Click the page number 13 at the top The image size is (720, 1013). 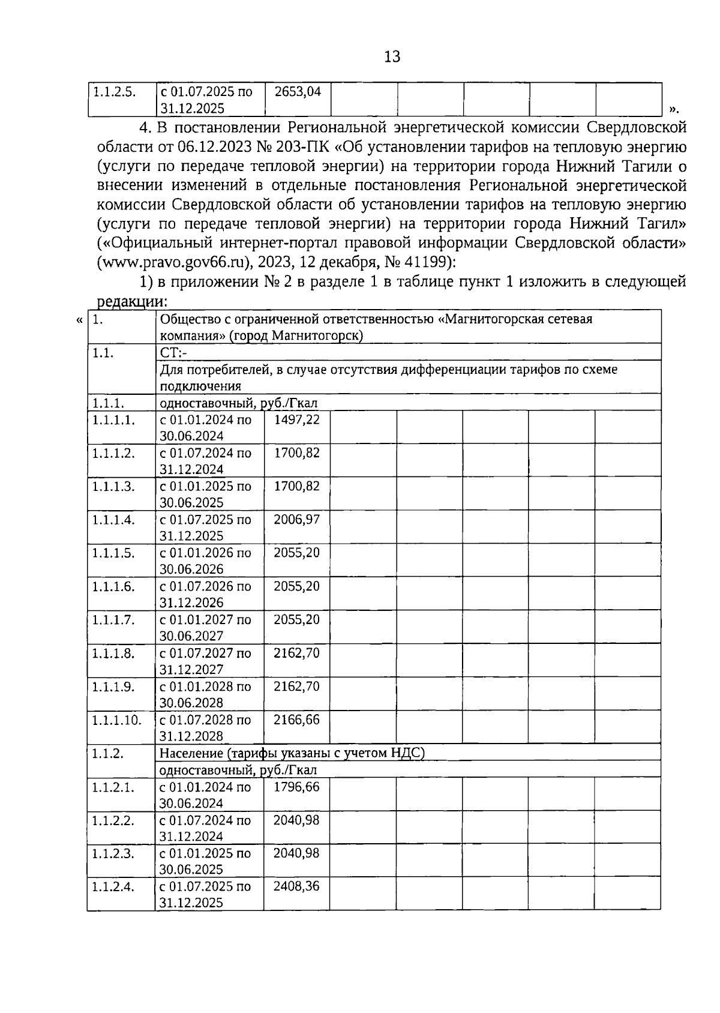(392, 57)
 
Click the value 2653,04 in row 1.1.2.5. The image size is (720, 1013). (297, 92)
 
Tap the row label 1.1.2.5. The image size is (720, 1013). (114, 92)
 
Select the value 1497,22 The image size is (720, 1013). (297, 419)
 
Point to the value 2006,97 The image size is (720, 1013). (297, 519)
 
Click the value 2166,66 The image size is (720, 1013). (297, 719)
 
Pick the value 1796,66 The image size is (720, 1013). (297, 786)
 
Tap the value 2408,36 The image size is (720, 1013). (297, 886)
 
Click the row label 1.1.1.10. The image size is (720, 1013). (117, 720)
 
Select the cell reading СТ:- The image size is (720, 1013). (174, 352)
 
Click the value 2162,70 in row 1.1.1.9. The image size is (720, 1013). (297, 686)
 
